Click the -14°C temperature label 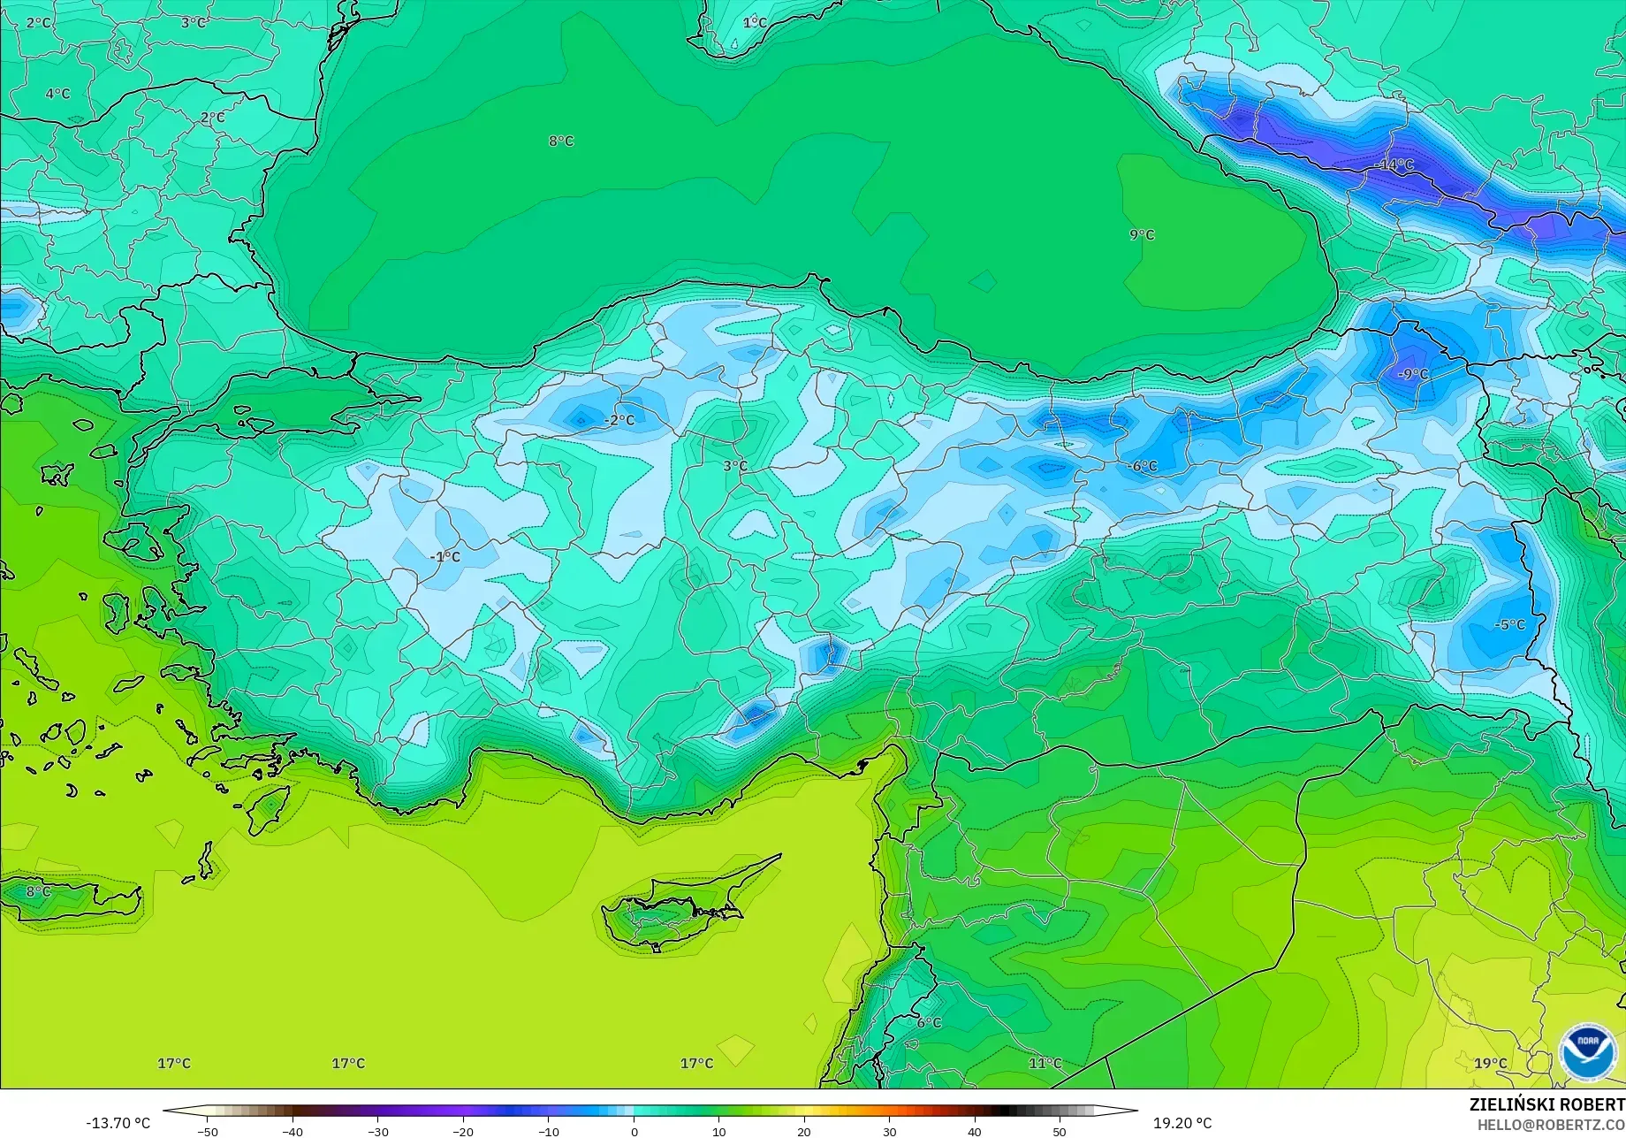1395,164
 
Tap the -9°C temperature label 1413,374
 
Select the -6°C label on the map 1143,466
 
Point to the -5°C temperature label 1509,624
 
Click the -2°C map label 621,420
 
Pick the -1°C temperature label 445,556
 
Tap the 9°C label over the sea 1142,234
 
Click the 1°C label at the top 755,22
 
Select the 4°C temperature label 57,93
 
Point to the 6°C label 929,1022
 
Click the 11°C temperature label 1045,1063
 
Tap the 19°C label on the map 1490,1063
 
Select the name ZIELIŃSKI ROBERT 1546,1104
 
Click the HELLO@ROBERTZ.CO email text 1551,1125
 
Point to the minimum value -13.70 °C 118,1123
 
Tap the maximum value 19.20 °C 1182,1123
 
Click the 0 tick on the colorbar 634,1131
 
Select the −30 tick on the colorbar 377,1131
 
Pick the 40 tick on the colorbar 974,1131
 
